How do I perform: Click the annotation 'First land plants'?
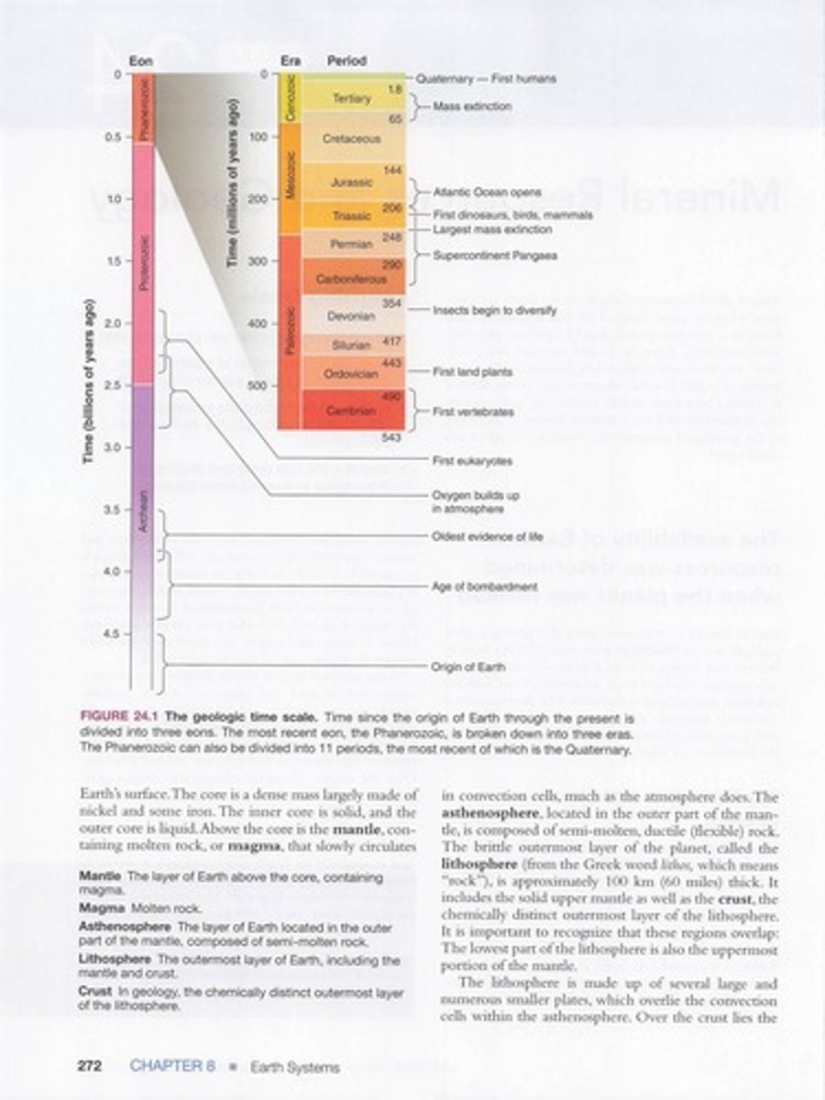click(x=472, y=373)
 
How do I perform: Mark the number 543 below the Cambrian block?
click(x=393, y=436)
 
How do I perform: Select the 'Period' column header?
click(x=347, y=60)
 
